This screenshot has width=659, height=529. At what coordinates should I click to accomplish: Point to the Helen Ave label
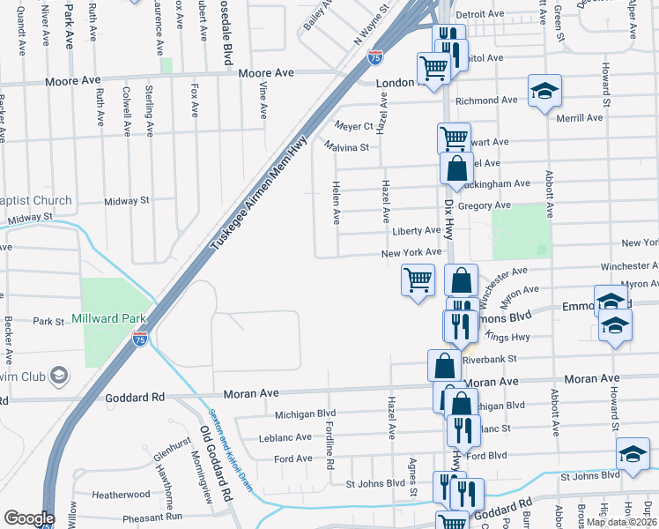click(336, 203)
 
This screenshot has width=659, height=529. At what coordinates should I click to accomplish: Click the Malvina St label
click(345, 146)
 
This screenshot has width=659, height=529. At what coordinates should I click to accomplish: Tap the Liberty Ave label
click(415, 231)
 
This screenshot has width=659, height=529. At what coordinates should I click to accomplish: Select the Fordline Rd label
click(329, 445)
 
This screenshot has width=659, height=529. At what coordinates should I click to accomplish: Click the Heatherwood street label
click(122, 495)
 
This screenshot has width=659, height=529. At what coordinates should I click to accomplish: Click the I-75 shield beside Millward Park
click(139, 336)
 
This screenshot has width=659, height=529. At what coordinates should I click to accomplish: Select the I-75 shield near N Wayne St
click(375, 57)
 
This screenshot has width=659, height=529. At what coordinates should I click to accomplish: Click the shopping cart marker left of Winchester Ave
click(418, 280)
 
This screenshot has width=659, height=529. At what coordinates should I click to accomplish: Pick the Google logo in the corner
click(29, 518)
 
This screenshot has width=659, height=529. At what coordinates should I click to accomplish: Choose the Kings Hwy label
click(503, 338)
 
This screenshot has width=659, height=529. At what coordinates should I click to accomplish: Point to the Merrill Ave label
click(580, 117)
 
